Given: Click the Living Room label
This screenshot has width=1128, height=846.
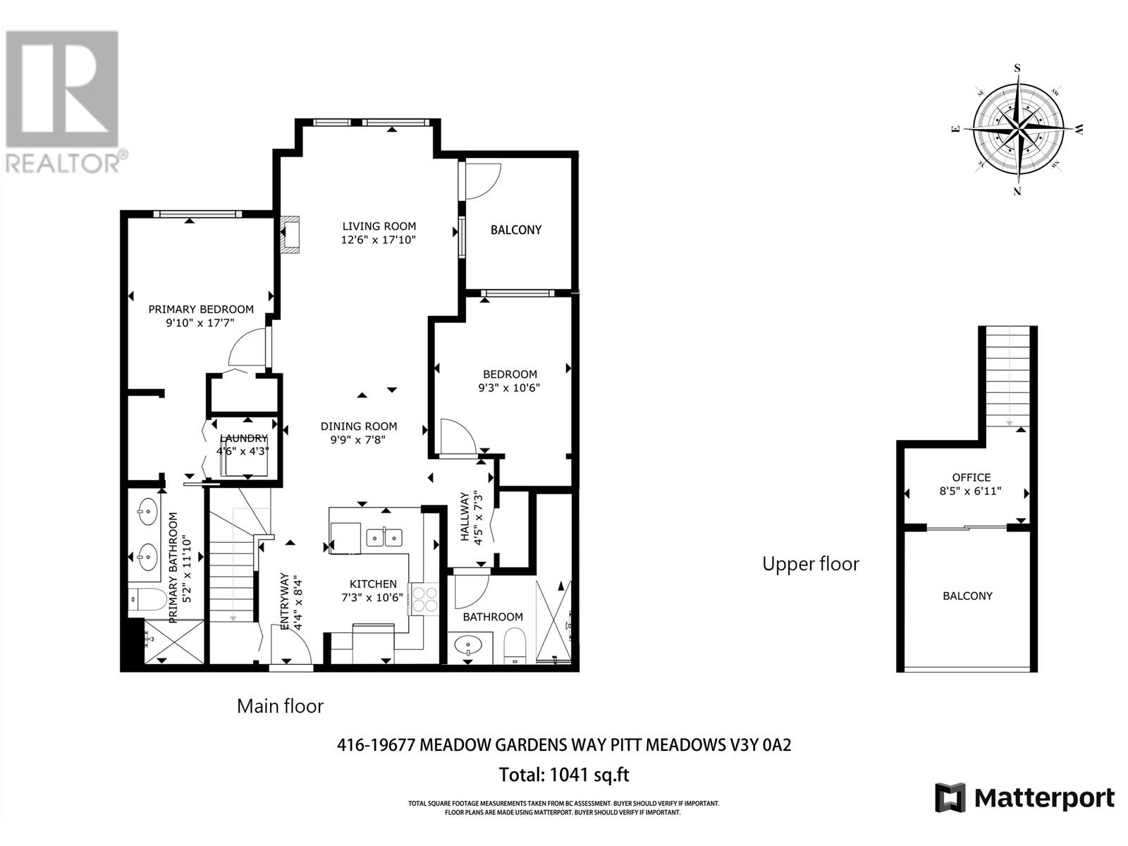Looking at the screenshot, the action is click(379, 226).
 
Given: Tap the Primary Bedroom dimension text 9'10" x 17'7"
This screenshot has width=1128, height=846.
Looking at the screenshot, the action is click(200, 323).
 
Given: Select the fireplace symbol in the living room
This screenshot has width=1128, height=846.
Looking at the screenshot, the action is click(289, 235).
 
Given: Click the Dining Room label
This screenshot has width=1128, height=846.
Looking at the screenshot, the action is click(359, 427).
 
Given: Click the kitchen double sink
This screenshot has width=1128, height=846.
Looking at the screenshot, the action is click(384, 538).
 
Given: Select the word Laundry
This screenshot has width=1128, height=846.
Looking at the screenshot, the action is click(244, 438).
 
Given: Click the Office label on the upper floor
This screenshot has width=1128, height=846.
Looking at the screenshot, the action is click(971, 477).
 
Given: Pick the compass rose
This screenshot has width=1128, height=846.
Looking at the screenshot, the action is click(1019, 130).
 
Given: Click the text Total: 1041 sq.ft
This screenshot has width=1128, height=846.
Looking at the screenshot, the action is click(564, 775).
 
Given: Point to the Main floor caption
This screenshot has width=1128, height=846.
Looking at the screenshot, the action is click(280, 706).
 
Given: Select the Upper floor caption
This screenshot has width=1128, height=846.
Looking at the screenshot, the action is click(811, 564).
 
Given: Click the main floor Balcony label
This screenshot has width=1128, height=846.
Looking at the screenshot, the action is click(516, 230).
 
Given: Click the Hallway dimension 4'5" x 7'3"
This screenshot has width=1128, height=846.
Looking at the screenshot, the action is click(478, 517).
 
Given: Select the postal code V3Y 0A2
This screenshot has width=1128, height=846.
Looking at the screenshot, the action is click(761, 745).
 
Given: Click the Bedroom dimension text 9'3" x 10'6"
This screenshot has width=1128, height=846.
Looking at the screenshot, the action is click(509, 388).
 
